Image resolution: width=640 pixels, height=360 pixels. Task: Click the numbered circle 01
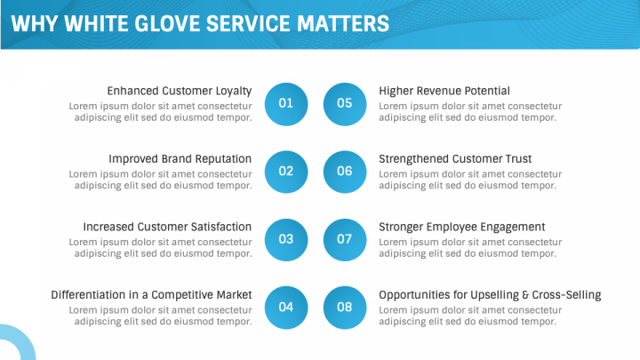286,104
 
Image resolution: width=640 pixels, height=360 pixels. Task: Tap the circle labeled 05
345,104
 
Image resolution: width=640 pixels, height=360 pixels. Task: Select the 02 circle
286,172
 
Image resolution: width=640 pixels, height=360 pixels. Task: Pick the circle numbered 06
345,172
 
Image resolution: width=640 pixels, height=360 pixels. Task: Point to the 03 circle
286,240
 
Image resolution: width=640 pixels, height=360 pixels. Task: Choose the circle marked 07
345,240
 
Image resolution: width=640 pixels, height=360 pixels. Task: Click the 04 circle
286,308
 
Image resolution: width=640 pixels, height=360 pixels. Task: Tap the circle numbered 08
345,308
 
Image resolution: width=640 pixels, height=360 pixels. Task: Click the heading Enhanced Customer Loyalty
180,91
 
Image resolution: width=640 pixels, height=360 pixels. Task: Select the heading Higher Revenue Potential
444,91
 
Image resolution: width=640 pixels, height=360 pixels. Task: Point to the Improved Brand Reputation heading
180,159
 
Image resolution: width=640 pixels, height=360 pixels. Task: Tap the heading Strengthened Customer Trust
455,159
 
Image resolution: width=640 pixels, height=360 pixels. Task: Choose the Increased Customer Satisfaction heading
167,227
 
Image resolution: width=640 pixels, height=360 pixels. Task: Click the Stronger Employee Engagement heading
462,227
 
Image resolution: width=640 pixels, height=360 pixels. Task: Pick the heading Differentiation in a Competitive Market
151,295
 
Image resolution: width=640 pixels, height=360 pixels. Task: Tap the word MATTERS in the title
343,23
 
